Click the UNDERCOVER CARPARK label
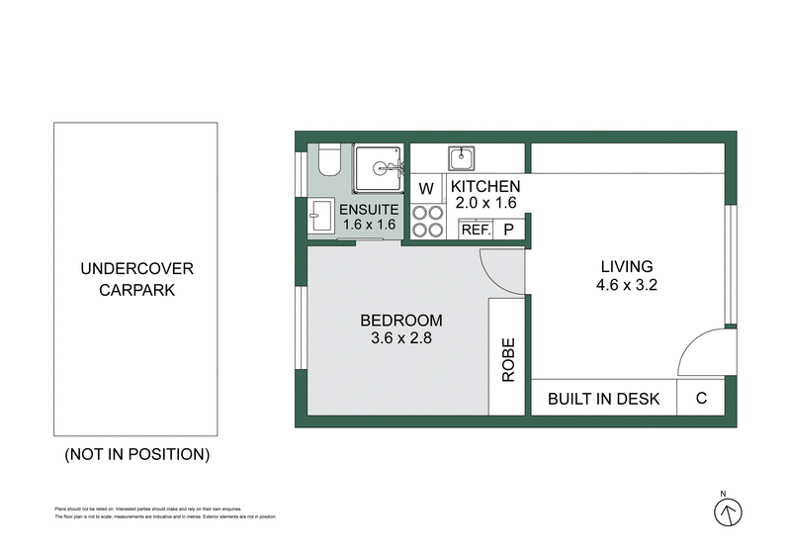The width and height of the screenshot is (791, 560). pyautogui.click(x=136, y=280)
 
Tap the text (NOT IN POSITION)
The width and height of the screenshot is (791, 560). pyautogui.click(x=136, y=455)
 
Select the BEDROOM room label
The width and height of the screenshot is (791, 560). pyautogui.click(x=400, y=321)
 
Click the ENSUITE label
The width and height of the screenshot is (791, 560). pyautogui.click(x=369, y=210)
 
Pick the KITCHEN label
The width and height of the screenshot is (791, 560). pyautogui.click(x=484, y=187)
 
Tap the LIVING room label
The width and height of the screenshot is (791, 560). pyautogui.click(x=627, y=266)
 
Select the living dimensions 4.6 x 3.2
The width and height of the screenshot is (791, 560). pyautogui.click(x=627, y=285)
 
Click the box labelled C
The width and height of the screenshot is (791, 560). pyautogui.click(x=701, y=399)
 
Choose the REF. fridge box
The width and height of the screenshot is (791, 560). pyautogui.click(x=477, y=230)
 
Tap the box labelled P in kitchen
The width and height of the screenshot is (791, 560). pyautogui.click(x=509, y=230)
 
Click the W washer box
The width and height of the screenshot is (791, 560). pyautogui.click(x=427, y=188)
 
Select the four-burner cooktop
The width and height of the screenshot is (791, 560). pyautogui.click(x=427, y=221)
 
